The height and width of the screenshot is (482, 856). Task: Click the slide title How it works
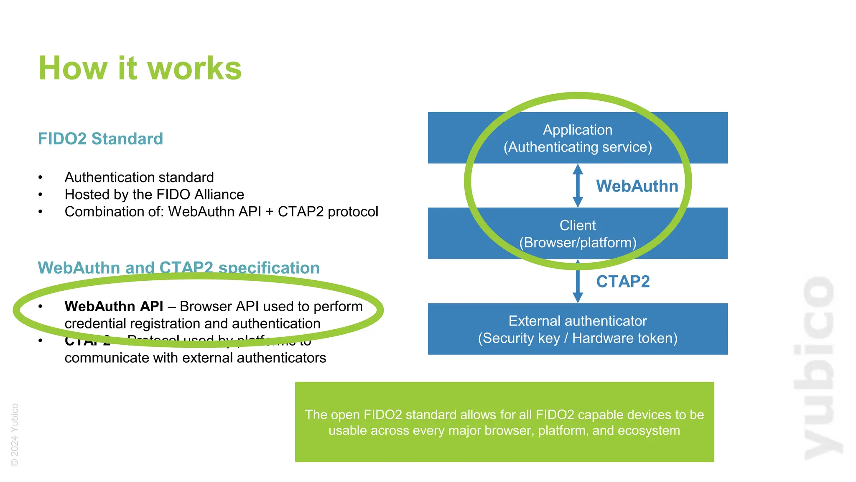[x=140, y=68]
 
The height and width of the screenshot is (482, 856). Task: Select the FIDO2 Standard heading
[x=100, y=139]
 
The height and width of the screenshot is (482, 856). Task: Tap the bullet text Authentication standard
[x=139, y=177]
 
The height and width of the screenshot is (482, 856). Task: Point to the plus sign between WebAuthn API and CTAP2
[x=269, y=212]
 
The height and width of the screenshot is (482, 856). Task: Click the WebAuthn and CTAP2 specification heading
[x=178, y=267]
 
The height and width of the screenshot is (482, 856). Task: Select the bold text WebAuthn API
[x=114, y=306]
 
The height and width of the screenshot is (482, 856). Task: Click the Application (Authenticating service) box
[x=577, y=138]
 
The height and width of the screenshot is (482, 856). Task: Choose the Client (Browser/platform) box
[x=577, y=233]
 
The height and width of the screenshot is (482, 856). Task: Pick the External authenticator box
[x=577, y=329]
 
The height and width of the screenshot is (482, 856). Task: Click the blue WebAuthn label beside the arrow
[x=637, y=186]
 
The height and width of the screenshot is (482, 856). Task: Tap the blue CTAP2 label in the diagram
[x=622, y=282]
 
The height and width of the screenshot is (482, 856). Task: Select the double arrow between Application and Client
[x=578, y=185]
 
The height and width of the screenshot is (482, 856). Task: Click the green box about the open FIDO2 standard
[x=504, y=422]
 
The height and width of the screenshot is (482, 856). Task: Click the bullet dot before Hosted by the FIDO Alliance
[x=41, y=195]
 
